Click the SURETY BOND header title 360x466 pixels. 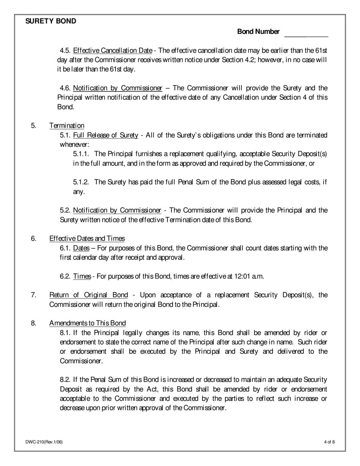[x=51, y=21]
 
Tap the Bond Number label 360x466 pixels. [x=258, y=32]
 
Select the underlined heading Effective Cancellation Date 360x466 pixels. [x=113, y=50]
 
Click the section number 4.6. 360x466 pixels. [x=65, y=88]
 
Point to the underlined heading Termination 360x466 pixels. [x=67, y=125]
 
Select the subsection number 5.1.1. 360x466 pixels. [x=81, y=154]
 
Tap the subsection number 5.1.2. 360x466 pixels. [x=81, y=182]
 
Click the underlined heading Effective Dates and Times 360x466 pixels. [x=87, y=238]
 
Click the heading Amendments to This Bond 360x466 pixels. [x=88, y=323]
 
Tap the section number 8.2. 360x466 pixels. [x=65, y=380]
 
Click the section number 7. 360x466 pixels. [x=33, y=295]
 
